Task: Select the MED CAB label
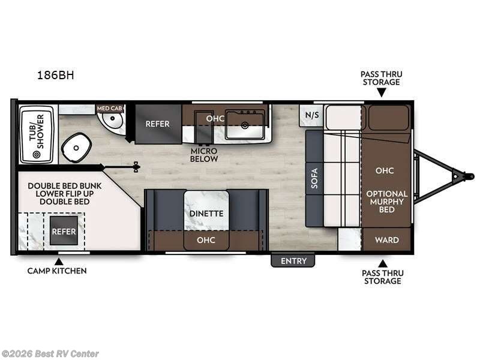110,108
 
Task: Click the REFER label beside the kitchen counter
158,124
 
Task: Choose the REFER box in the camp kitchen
63,231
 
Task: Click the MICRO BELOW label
204,155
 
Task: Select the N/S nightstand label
311,115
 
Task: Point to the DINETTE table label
206,213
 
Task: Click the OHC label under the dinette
206,240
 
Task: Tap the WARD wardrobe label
386,240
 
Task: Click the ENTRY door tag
293,260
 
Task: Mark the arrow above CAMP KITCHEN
58,260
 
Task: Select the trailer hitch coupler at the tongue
460,176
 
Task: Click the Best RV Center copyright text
50,354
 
